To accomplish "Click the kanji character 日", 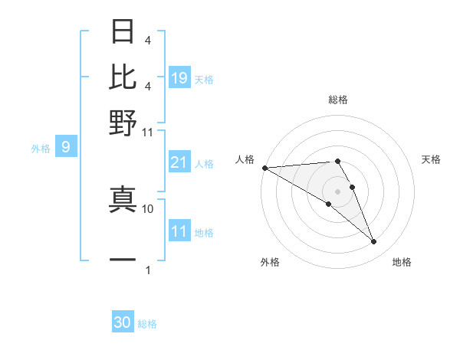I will pos(123,31).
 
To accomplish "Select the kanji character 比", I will pos(123,76).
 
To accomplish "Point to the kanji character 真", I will pos(123,198).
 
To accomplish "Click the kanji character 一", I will pos(123,260).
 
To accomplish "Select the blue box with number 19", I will pos(179,78).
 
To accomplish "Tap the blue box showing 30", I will pos(123,322).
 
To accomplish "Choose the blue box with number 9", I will pos(66,147).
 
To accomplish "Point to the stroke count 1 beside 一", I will pos(148,270).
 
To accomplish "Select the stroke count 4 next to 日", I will pos(147,40).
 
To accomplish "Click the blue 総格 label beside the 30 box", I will pos(147,324).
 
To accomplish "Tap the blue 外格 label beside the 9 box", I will pos(41,149).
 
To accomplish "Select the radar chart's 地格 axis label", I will pos(402,263).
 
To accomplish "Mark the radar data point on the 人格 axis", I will pos(264,168).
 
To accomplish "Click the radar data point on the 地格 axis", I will pos(374,242).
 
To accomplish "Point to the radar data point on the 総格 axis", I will pos(337,161).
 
